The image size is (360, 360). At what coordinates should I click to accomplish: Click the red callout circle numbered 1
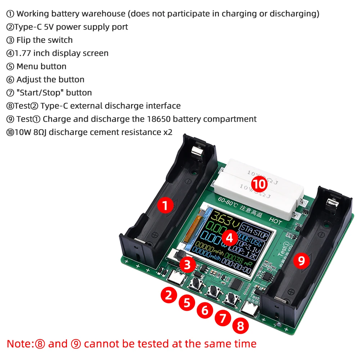point(165,206)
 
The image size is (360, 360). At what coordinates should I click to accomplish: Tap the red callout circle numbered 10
point(259,184)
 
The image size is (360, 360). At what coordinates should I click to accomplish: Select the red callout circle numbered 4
point(230,237)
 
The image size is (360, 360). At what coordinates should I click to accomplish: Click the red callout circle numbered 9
point(301,260)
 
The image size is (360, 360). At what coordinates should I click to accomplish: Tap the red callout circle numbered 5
point(186,302)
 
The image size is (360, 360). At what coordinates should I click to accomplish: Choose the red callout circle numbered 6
point(204,310)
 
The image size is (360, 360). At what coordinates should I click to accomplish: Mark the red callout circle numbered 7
point(222,318)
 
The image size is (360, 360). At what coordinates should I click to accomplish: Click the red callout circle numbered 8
point(240,326)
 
